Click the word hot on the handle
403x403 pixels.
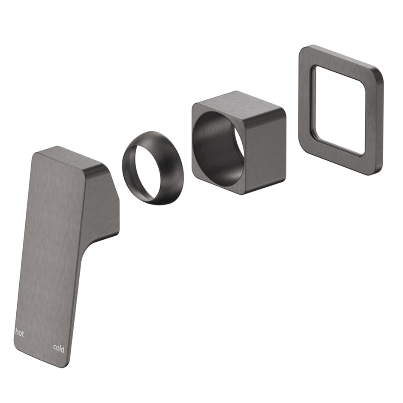[x=20, y=332]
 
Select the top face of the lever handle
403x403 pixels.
[x=73, y=159]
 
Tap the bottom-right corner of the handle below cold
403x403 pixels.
[x=64, y=364]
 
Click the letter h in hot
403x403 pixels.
[x=17, y=332]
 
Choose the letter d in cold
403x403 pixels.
[x=63, y=349]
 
